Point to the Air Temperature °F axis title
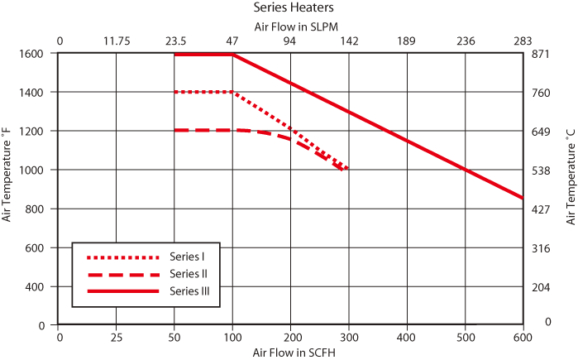pos(7,181)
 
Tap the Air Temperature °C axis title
pos(571,181)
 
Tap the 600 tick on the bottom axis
pos(523,338)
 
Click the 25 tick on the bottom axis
pos(117,338)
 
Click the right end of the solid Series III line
pos(523,199)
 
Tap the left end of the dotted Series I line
pos(175,92)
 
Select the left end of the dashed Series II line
pos(175,131)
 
